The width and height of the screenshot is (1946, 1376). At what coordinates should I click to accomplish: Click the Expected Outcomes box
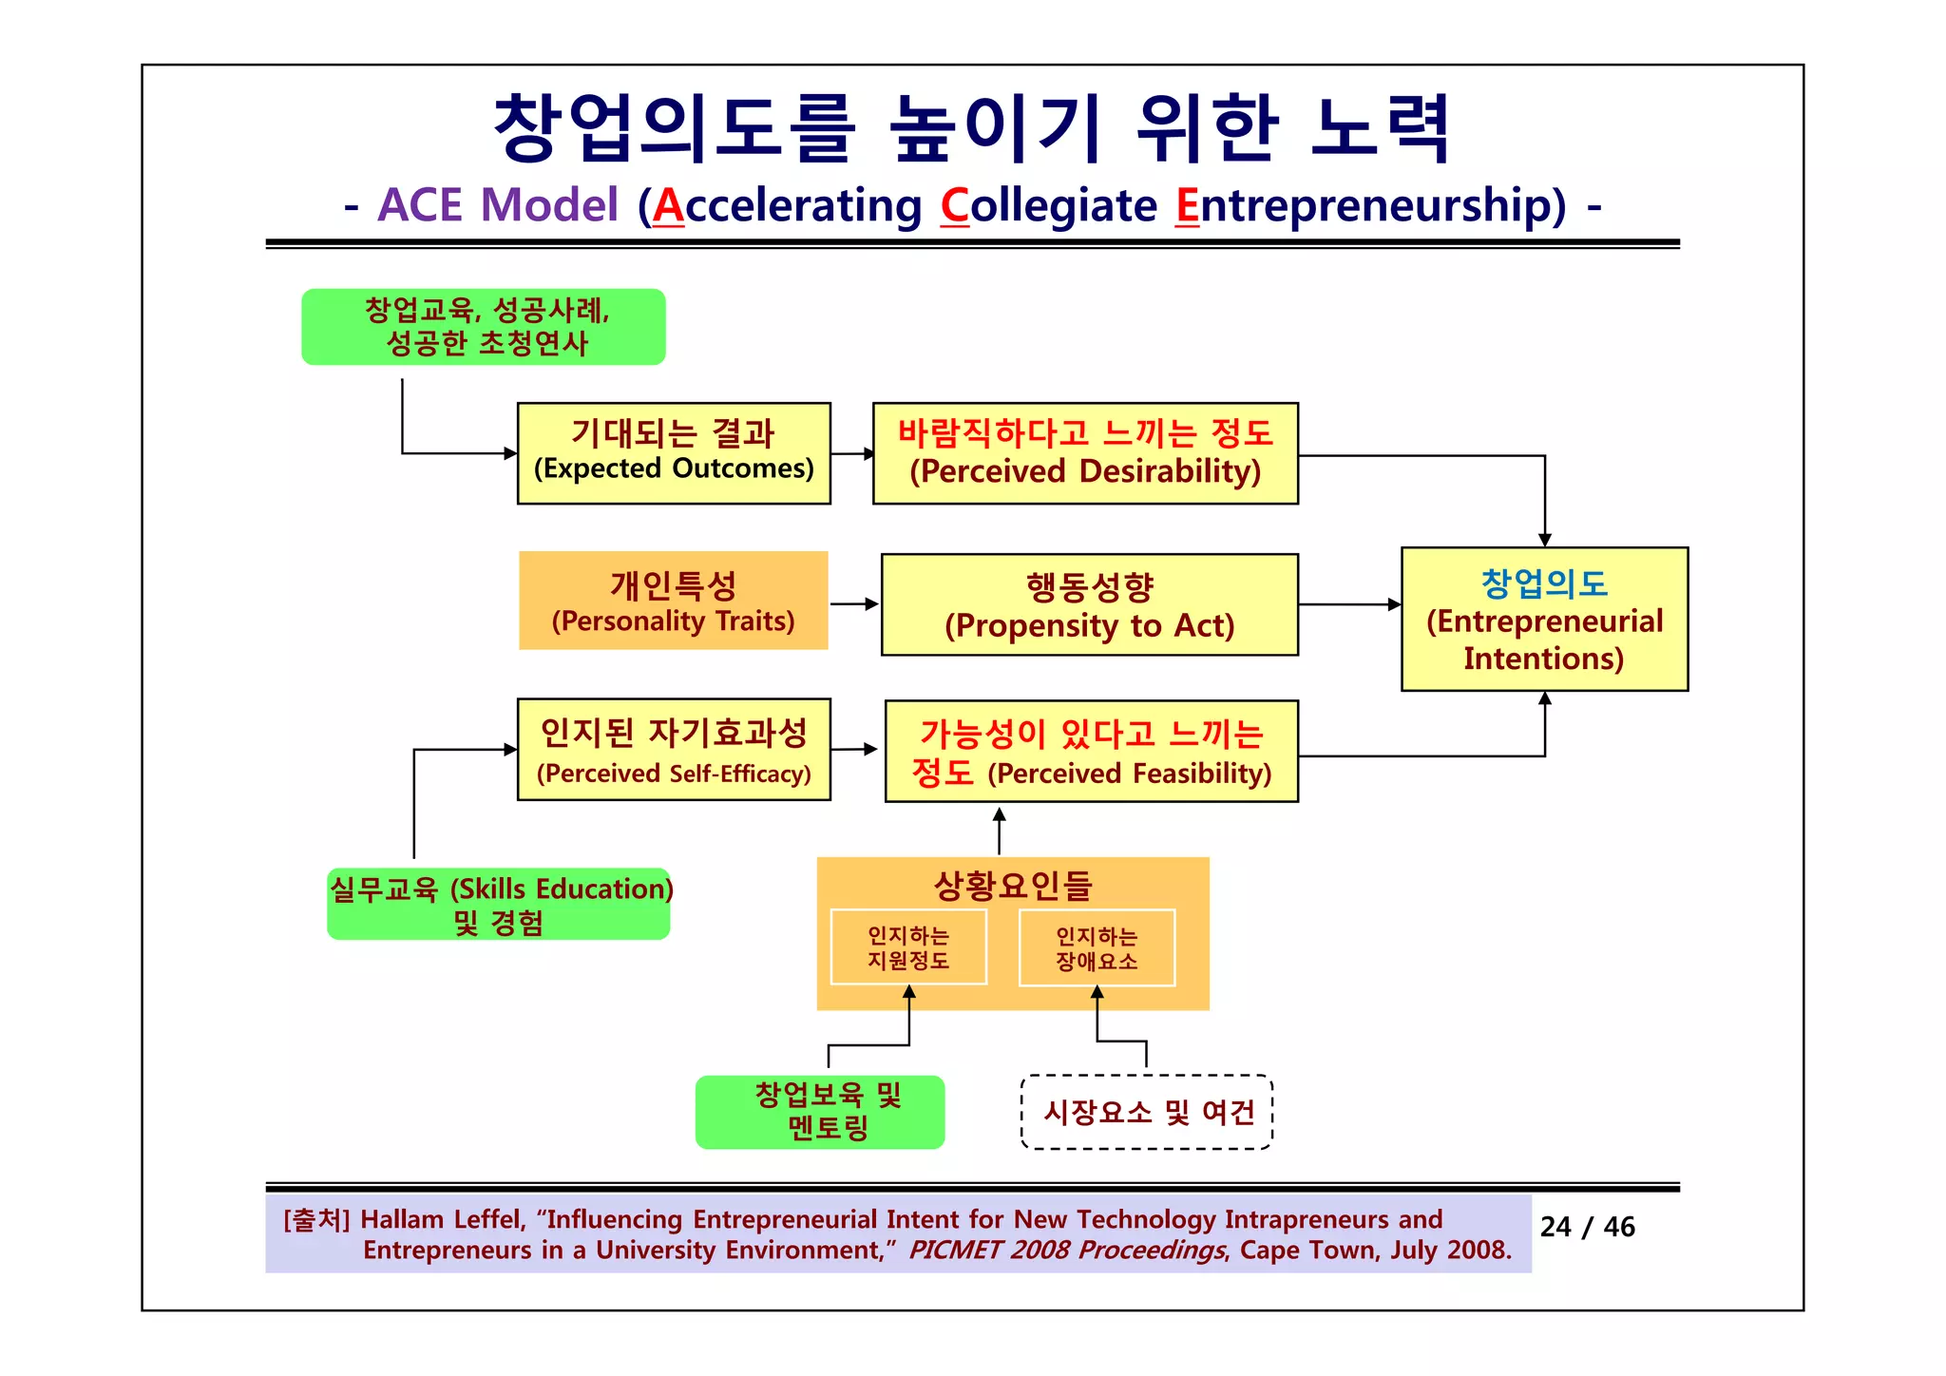(674, 453)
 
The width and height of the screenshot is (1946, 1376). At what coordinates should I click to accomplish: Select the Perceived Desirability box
(1085, 453)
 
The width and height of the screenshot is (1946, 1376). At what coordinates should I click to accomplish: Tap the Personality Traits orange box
(673, 601)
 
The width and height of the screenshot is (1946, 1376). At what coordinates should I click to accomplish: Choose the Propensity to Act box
(1089, 604)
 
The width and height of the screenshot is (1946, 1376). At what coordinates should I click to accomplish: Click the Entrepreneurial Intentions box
(1544, 619)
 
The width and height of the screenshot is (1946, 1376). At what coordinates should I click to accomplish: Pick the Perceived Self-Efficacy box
(674, 750)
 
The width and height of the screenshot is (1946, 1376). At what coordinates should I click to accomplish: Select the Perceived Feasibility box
(1091, 752)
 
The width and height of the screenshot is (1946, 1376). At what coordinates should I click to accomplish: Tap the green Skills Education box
(499, 904)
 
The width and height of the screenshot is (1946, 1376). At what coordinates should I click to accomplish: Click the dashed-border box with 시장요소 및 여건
(1147, 1112)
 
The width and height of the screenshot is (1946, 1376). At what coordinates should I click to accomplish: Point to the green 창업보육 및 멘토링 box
(820, 1112)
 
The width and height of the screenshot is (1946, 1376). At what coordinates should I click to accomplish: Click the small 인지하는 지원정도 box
(908, 947)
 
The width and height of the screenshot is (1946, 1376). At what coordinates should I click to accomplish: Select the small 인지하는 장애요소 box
(1097, 948)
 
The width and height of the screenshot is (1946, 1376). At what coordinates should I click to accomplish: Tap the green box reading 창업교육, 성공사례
(484, 327)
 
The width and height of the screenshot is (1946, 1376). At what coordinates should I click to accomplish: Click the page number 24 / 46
(1587, 1227)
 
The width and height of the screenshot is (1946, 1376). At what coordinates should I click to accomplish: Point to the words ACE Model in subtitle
(498, 205)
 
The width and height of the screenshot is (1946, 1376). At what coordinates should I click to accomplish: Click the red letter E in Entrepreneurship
(1188, 205)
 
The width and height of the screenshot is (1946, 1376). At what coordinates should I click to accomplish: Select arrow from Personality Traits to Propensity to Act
(854, 603)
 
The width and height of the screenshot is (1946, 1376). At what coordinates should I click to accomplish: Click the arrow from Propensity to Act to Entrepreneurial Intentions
(1349, 604)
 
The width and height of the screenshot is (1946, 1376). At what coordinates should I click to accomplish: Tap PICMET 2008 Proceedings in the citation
(1066, 1250)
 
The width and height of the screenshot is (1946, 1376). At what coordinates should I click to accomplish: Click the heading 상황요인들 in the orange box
(1013, 886)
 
